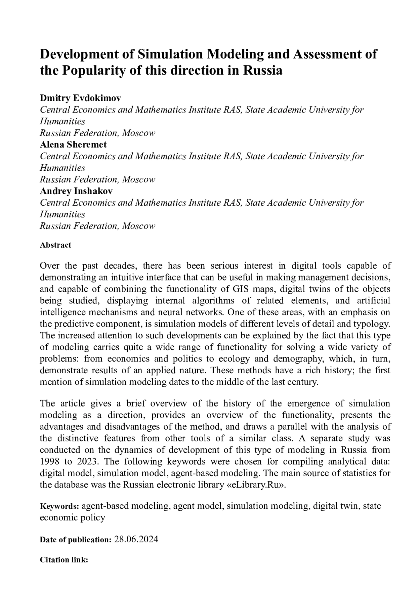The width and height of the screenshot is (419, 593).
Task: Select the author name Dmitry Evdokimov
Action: (x=80, y=98)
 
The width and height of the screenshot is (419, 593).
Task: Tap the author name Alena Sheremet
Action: (x=73, y=145)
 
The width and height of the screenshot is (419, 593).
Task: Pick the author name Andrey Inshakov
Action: (x=76, y=191)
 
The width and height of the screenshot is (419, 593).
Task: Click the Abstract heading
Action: (x=56, y=245)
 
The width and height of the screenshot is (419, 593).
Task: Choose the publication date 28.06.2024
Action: (x=136, y=540)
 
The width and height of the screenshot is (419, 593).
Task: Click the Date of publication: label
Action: (x=75, y=540)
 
